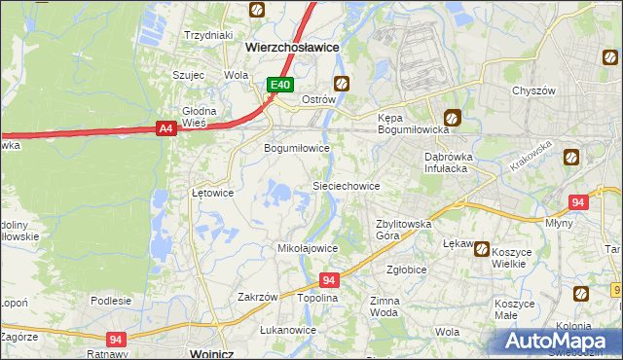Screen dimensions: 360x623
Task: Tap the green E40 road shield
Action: (x=280, y=86)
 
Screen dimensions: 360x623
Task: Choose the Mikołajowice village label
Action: (x=308, y=248)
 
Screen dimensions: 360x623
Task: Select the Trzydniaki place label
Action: (x=208, y=34)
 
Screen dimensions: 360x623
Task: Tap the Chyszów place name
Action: (x=533, y=90)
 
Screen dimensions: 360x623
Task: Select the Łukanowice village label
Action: (x=288, y=330)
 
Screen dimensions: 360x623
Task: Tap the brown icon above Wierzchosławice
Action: (x=256, y=11)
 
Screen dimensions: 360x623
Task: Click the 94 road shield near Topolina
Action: (x=329, y=280)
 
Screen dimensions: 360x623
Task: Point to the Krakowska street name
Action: (x=530, y=156)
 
